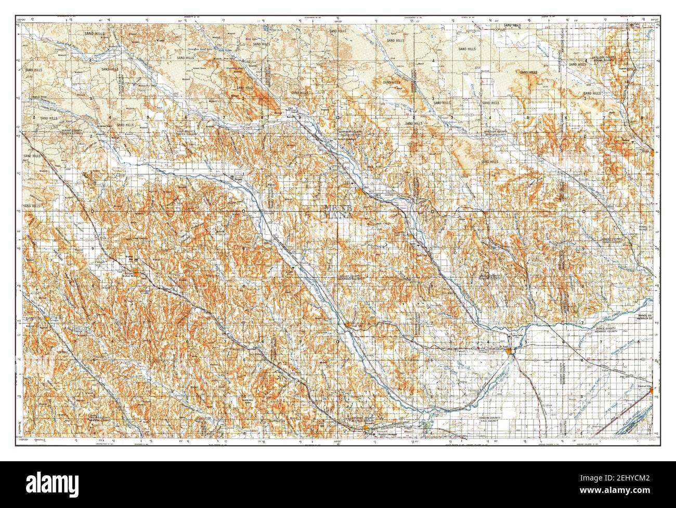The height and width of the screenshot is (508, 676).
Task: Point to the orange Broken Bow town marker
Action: (x=136, y=272)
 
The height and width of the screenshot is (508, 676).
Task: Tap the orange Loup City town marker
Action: (x=348, y=325)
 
